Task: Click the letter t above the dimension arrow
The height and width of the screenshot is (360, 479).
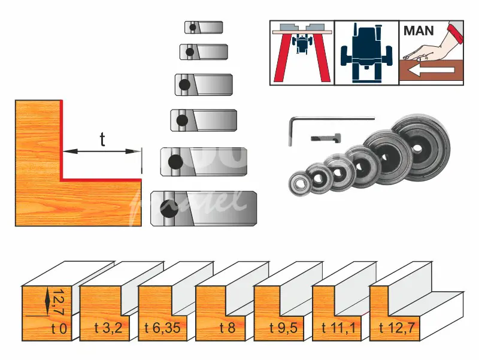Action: pos(102,139)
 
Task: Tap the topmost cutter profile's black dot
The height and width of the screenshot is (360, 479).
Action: pos(192,28)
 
